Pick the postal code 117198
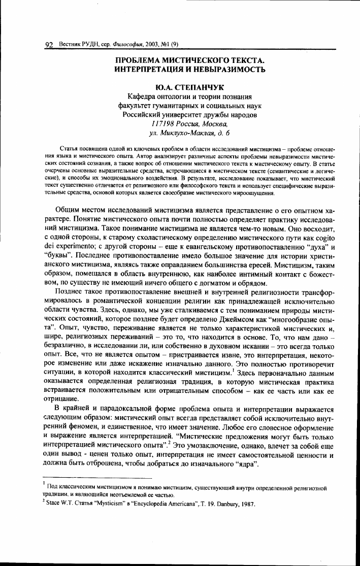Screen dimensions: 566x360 point(163,124)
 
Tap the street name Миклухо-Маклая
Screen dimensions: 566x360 point(185,133)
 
